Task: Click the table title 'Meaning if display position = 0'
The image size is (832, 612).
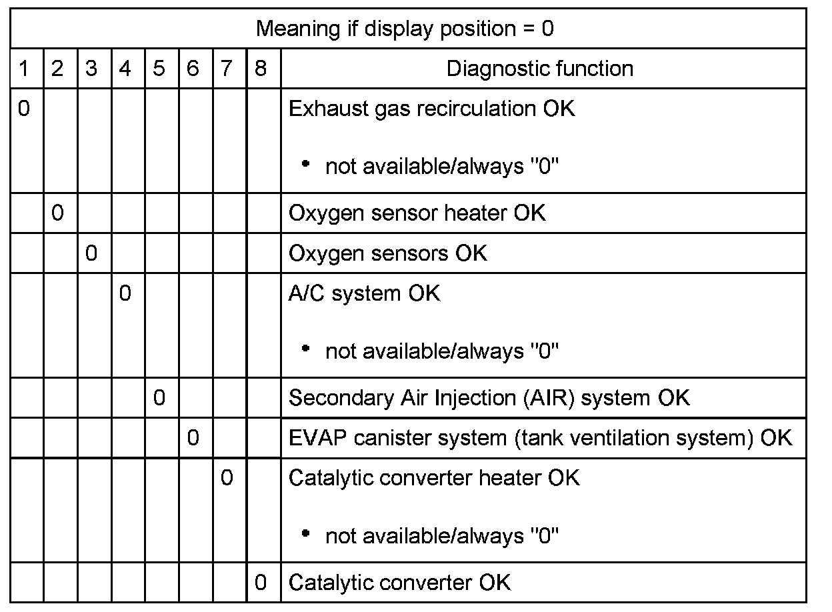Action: [x=405, y=29]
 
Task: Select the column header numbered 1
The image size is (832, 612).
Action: [x=24, y=69]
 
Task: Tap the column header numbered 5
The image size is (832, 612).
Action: [x=159, y=69]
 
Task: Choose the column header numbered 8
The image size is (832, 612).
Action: [x=261, y=69]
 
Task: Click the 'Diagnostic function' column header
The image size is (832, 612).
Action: [x=540, y=69]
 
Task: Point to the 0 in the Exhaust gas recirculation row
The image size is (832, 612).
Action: [x=24, y=109]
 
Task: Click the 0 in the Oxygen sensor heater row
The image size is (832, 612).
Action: [x=57, y=213]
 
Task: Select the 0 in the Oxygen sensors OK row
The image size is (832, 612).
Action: [x=91, y=253]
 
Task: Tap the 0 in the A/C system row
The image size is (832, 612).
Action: [x=125, y=293]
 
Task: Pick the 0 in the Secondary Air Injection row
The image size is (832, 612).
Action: [x=159, y=398]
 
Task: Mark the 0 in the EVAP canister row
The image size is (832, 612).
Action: [x=193, y=438]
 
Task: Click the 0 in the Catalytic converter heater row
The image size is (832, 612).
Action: [x=227, y=478]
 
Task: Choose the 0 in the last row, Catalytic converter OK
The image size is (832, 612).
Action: [x=261, y=583]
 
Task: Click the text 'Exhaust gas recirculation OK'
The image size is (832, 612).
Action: [x=431, y=109]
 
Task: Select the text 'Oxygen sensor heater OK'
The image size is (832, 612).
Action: [x=417, y=213]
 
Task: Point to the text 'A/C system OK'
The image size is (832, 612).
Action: [x=364, y=293]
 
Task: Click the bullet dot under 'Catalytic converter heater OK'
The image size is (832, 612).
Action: [x=306, y=533]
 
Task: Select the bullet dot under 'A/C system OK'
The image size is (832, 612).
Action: [x=306, y=349]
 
